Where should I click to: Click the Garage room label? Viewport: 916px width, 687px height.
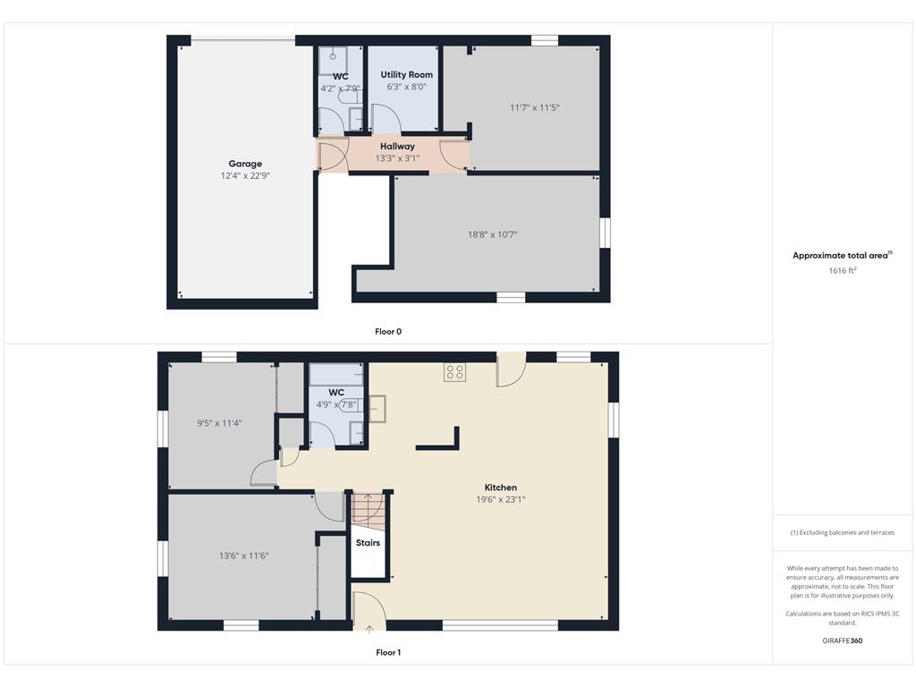[x=245, y=164]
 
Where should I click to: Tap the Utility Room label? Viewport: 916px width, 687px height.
[x=407, y=75]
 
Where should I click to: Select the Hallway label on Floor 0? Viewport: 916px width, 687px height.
[x=397, y=146]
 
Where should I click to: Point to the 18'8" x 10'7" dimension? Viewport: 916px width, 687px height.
[x=493, y=234]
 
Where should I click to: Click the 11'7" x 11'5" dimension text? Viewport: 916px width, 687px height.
[x=535, y=107]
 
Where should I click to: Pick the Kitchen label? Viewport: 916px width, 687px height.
[x=501, y=488]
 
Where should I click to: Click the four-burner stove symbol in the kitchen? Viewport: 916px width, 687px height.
[x=454, y=372]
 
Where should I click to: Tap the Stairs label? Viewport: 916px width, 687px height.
[x=368, y=543]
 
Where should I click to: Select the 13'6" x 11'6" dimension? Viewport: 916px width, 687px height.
[x=243, y=556]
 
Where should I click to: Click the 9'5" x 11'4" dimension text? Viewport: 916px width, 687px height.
[x=219, y=423]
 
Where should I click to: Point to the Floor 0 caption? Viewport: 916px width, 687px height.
[x=388, y=331]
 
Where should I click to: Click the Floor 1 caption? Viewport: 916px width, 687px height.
[x=388, y=652]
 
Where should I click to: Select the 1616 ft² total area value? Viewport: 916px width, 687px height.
[x=843, y=270]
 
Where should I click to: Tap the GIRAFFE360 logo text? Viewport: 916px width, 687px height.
[x=843, y=640]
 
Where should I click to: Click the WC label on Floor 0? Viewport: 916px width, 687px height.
[x=341, y=77]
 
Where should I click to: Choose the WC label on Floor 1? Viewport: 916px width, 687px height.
[x=336, y=393]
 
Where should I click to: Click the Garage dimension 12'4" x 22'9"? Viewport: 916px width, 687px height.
[x=245, y=175]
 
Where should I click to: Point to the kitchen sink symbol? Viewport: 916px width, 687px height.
[x=377, y=409]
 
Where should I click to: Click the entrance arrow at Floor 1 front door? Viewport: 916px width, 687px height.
[x=369, y=629]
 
